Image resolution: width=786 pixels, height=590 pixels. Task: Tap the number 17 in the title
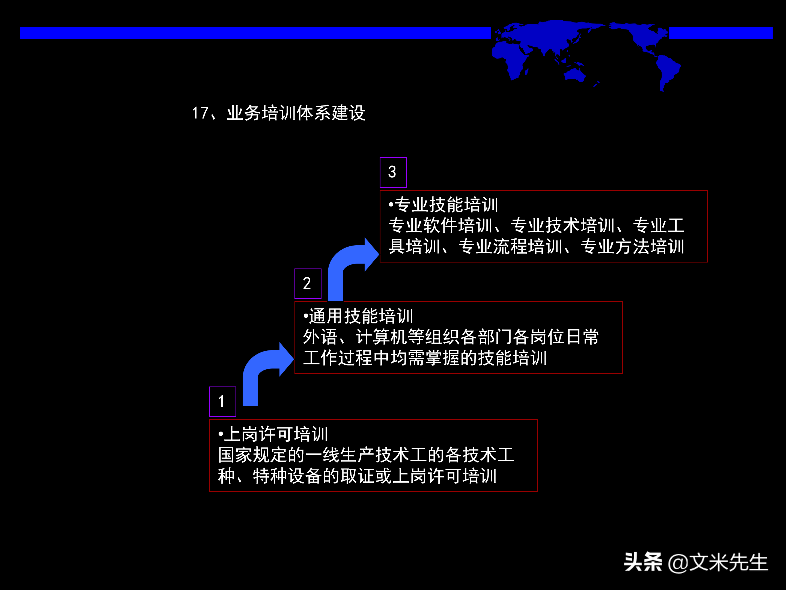(200, 113)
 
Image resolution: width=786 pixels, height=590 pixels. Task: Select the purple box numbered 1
(223, 402)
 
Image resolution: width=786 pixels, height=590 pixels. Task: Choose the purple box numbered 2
(308, 284)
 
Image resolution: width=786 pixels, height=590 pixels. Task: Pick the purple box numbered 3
(393, 172)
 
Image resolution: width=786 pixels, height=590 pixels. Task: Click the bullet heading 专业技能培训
(446, 205)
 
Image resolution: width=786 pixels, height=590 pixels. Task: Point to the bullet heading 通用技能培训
(361, 316)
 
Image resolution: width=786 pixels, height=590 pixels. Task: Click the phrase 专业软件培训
(440, 225)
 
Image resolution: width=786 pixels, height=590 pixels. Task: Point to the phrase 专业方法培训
(633, 246)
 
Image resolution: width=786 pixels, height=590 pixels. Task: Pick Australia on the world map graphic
(574, 75)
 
